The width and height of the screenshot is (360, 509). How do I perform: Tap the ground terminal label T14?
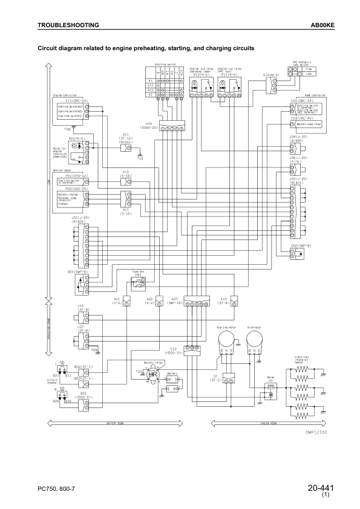click(x=140, y=158)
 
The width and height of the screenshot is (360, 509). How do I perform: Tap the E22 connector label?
click(x=190, y=349)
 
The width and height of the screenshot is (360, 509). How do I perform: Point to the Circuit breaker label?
click(x=51, y=381)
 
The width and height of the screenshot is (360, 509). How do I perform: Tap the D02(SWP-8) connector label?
click(x=301, y=245)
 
